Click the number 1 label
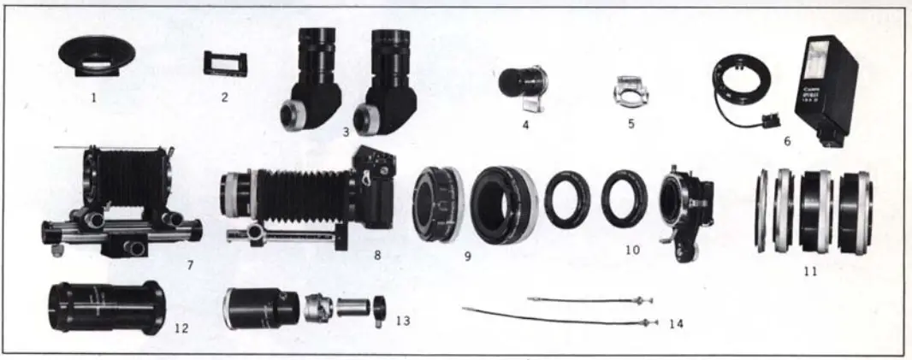(x=93, y=97)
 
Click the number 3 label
(x=346, y=133)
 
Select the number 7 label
(x=190, y=264)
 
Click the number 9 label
(x=468, y=255)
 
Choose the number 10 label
(x=632, y=251)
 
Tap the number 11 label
(x=810, y=271)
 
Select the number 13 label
(x=402, y=321)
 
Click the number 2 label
(x=225, y=97)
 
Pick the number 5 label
(x=631, y=123)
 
